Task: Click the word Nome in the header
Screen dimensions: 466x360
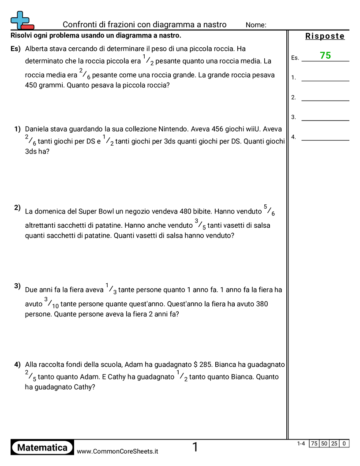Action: (x=256, y=25)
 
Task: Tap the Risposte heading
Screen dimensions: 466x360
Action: (x=325, y=36)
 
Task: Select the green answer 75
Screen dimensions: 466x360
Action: (x=326, y=56)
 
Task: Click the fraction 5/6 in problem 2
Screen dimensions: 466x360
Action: (x=269, y=210)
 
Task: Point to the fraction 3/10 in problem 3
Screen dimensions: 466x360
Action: (x=51, y=303)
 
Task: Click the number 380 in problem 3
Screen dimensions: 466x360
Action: (x=260, y=304)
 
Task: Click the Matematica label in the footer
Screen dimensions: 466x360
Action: (x=42, y=447)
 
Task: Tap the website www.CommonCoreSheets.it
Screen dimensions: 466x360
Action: (x=117, y=451)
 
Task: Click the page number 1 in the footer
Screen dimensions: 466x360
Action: (x=195, y=447)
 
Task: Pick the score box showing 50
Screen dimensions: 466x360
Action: (x=324, y=443)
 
